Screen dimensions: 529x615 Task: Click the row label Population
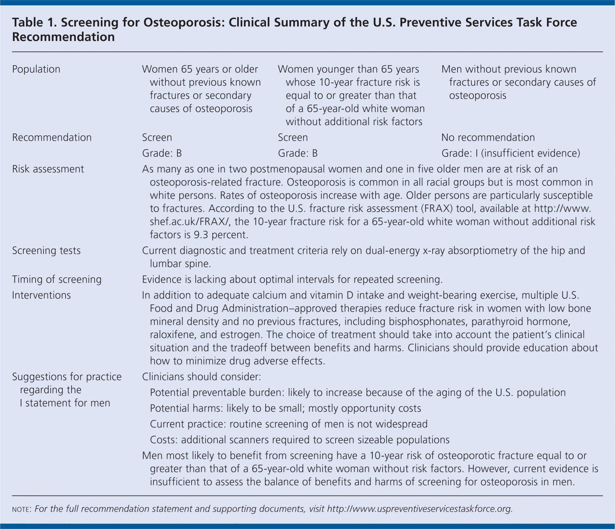click(36, 69)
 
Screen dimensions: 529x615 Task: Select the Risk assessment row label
click(48, 169)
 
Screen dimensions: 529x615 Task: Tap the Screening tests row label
click(46, 251)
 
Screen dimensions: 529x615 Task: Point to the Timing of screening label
click(57, 279)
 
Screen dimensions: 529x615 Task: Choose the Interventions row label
click(41, 295)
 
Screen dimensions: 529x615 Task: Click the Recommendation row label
click(52, 138)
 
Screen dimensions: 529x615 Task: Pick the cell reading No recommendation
click(488, 138)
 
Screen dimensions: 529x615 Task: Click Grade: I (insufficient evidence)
click(510, 153)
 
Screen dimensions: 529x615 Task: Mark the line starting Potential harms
click(285, 409)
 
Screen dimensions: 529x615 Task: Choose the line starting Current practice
click(289, 424)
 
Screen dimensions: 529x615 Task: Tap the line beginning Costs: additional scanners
click(299, 440)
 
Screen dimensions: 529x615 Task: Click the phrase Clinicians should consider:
click(202, 377)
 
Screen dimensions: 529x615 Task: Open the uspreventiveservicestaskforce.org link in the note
click(419, 509)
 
